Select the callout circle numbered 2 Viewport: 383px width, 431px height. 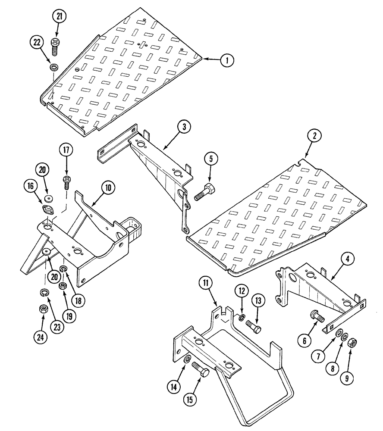click(x=315, y=136)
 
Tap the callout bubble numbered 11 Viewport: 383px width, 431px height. click(x=206, y=284)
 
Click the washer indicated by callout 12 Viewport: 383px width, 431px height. click(x=240, y=319)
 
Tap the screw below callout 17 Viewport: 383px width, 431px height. click(x=67, y=183)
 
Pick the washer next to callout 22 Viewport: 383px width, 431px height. click(x=54, y=67)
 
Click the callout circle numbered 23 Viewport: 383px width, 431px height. click(x=56, y=326)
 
